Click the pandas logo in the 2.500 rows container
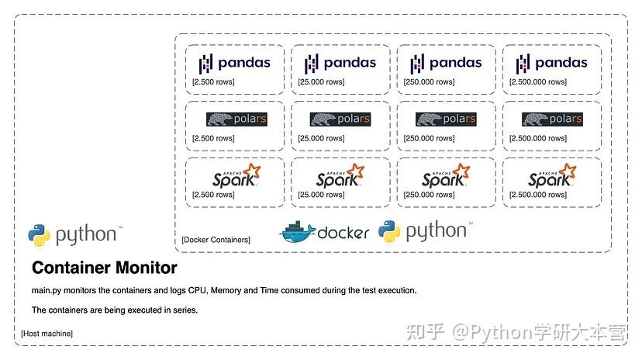pos(234,63)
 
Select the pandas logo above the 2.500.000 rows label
pos(551,63)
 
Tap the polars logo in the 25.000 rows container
pos(340,119)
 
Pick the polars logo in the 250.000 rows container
pos(445,119)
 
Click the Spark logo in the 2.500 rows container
pos(236,176)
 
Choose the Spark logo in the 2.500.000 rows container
pos(552,176)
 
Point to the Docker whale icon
pos(297,231)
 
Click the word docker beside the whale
pos(343,232)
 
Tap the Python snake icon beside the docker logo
pos(389,231)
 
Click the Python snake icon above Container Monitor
pos(39,235)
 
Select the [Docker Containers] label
pos(216,241)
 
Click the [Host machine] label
pos(47,334)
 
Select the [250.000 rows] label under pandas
pos(429,81)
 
